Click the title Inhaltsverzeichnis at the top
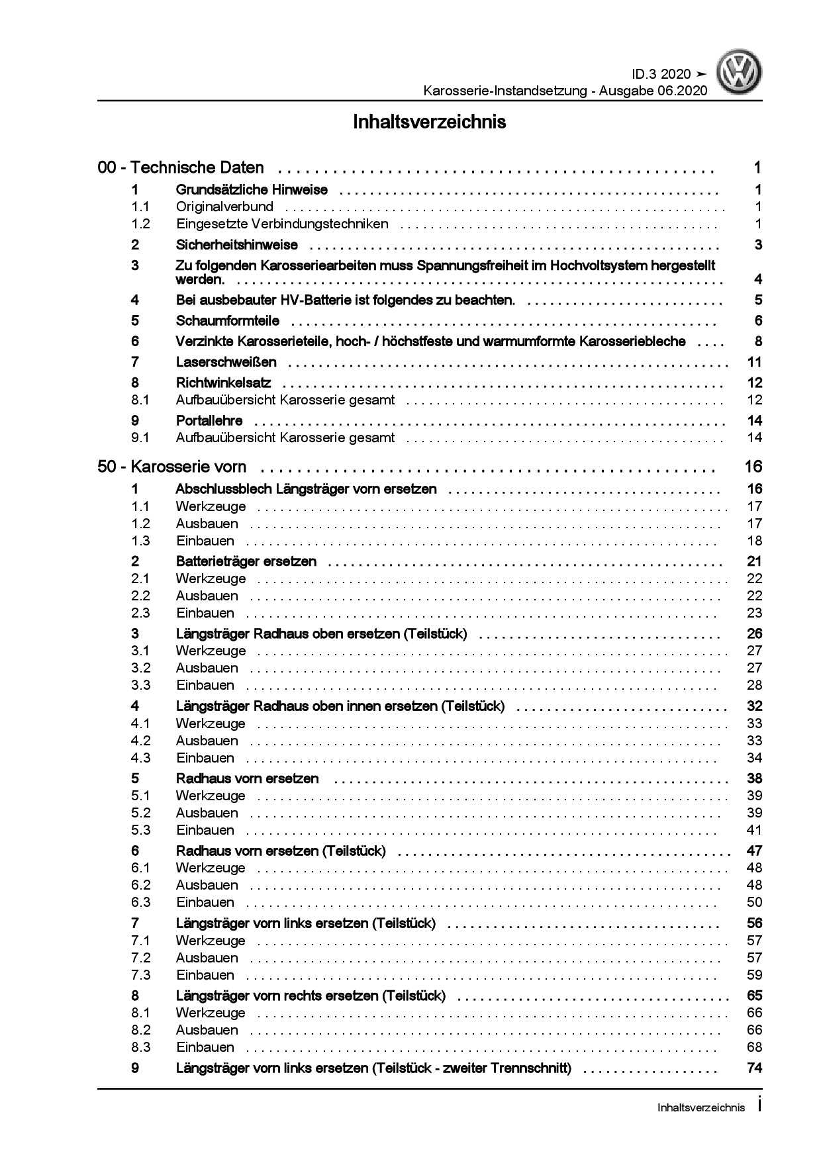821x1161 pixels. click(429, 122)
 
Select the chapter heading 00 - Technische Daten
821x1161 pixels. click(181, 168)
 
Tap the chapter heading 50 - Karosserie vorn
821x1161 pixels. click(171, 467)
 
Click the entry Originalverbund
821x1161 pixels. click(224, 207)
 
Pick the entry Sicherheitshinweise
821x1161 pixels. click(237, 245)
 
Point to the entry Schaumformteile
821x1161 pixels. click(228, 321)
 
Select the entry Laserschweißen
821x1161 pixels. click(226, 362)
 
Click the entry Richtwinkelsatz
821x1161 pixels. click(224, 383)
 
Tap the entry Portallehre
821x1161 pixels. click(209, 420)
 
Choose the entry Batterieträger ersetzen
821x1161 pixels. click(246, 561)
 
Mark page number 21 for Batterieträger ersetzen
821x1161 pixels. click(754, 561)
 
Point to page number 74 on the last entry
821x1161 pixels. click(754, 1068)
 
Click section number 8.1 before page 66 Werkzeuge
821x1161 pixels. click(141, 1013)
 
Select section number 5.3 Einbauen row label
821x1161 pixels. click(141, 830)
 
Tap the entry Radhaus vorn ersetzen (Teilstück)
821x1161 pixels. click(281, 851)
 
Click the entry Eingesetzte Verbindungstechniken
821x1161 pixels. click(282, 224)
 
